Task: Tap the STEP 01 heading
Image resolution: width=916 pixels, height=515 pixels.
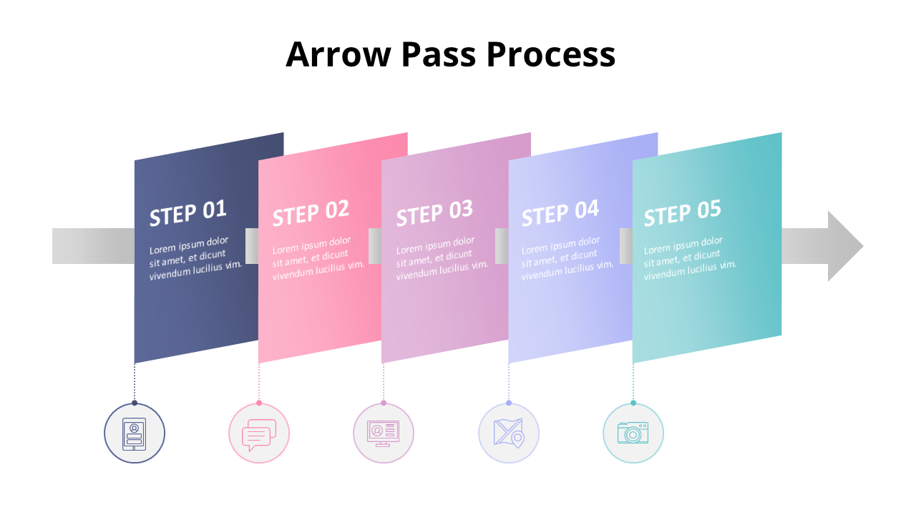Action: pos(187,212)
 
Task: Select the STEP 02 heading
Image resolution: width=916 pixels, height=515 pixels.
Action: pos(311,212)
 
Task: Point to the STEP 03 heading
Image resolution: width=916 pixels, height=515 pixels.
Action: pos(434,212)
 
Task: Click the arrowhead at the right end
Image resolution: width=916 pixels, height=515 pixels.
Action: pos(844,246)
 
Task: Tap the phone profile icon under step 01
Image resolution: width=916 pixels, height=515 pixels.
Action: pos(135,433)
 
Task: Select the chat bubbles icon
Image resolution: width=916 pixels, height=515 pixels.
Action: pos(258,433)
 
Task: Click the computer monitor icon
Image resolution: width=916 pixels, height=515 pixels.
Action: pos(384,433)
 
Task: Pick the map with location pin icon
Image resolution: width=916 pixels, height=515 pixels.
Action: pos(509,433)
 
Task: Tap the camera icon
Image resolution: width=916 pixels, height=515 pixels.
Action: pos(633,433)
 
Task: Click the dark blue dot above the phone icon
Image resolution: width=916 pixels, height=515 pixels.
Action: pos(135,403)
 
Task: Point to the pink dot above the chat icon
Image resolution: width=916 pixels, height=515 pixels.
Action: pos(259,403)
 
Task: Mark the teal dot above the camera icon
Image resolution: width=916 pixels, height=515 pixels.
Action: pos(633,403)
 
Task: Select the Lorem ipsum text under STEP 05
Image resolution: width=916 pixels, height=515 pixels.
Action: pos(689,255)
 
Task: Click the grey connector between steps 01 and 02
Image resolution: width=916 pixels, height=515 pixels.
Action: pos(252,246)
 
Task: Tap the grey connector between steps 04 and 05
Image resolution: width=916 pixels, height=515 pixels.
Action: pos(625,246)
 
